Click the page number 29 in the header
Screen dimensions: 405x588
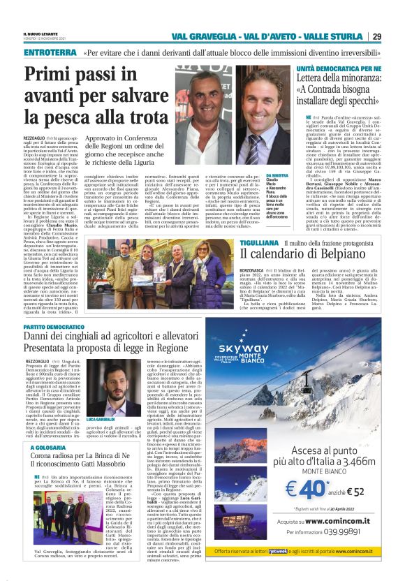click(376, 36)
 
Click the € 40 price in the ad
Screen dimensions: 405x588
click(303, 505)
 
